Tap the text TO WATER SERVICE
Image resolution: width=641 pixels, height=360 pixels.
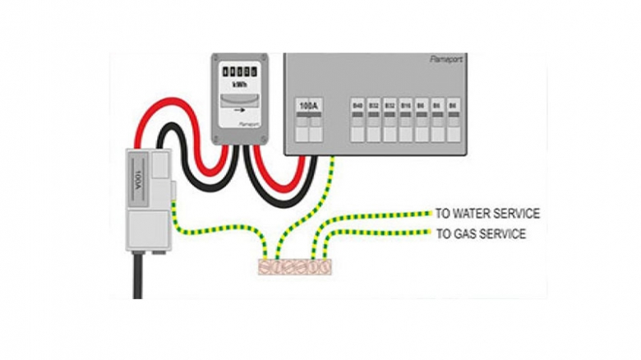click(487, 214)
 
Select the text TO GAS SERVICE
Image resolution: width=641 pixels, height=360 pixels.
click(481, 234)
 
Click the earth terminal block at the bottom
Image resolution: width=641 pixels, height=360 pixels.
click(294, 267)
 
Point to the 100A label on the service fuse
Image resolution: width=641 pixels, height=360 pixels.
click(139, 177)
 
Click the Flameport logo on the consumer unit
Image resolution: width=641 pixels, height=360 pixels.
click(447, 61)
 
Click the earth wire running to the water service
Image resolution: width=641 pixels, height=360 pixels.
click(378, 217)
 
